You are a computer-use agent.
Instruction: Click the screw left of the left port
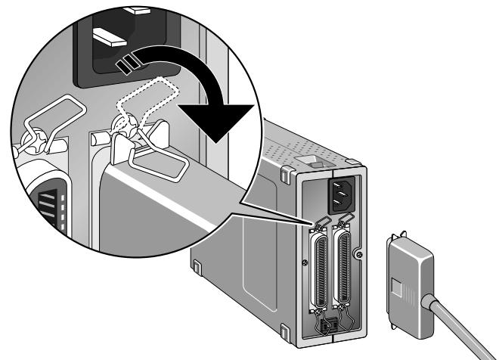click(x=303, y=262)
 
